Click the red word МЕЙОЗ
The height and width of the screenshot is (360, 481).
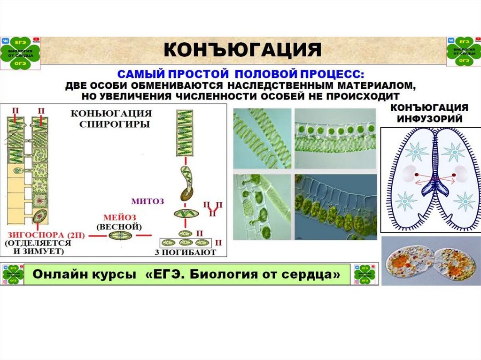point(118,217)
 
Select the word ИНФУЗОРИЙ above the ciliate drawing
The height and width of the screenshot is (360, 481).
point(430,118)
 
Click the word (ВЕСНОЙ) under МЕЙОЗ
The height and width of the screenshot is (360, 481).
point(118,226)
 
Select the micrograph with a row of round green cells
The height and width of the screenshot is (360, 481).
point(335,138)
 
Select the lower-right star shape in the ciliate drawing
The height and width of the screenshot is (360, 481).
point(465,201)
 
